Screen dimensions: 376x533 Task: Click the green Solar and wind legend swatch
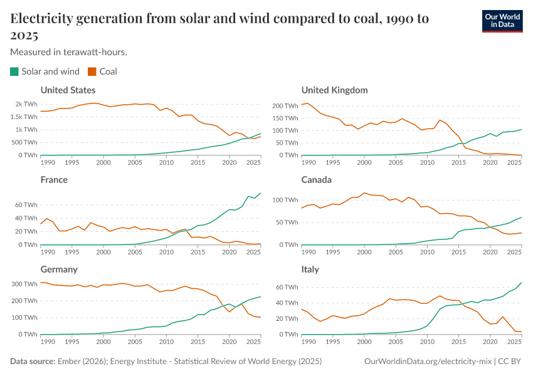[14, 71]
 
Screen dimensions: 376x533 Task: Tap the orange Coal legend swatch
[92, 71]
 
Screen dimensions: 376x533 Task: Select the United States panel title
[68, 90]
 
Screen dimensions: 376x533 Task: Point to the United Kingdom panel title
[334, 90]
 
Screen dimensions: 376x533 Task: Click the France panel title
[54, 180]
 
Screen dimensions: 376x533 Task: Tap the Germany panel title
[59, 269]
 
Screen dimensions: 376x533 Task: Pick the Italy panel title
[310, 269]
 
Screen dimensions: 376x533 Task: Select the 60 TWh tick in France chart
[26, 205]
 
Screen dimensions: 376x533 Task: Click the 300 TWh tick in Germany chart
[24, 284]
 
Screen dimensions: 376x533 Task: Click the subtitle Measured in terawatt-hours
[69, 52]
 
